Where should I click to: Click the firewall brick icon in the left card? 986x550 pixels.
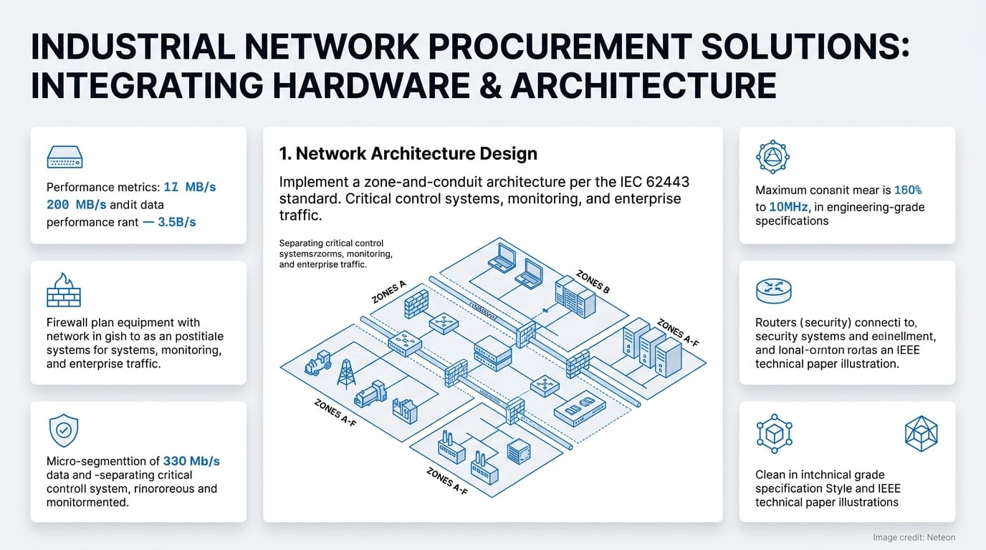[63, 290]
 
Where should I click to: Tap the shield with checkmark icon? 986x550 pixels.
[63, 431]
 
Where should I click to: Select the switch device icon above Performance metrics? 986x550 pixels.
[64, 157]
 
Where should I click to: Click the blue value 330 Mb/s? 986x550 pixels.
[191, 461]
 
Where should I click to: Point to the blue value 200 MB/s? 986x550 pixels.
[76, 204]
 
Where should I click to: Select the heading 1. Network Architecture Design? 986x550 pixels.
[408, 153]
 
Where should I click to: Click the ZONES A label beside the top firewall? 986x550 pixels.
[388, 292]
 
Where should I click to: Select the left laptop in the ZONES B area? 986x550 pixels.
[501, 258]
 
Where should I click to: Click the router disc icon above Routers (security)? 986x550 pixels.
[773, 290]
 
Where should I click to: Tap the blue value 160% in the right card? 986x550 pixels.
[907, 190]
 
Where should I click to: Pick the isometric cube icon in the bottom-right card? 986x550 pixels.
[921, 434]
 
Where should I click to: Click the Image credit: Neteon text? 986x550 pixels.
[914, 537]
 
